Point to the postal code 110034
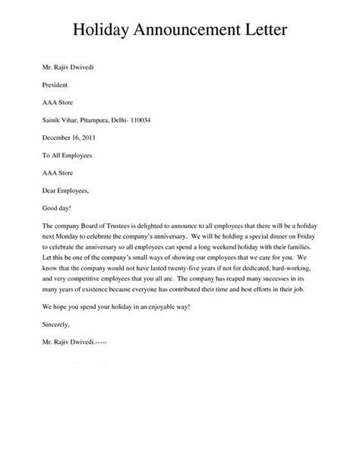156,121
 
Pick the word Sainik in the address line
52,121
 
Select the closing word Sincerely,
58,326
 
